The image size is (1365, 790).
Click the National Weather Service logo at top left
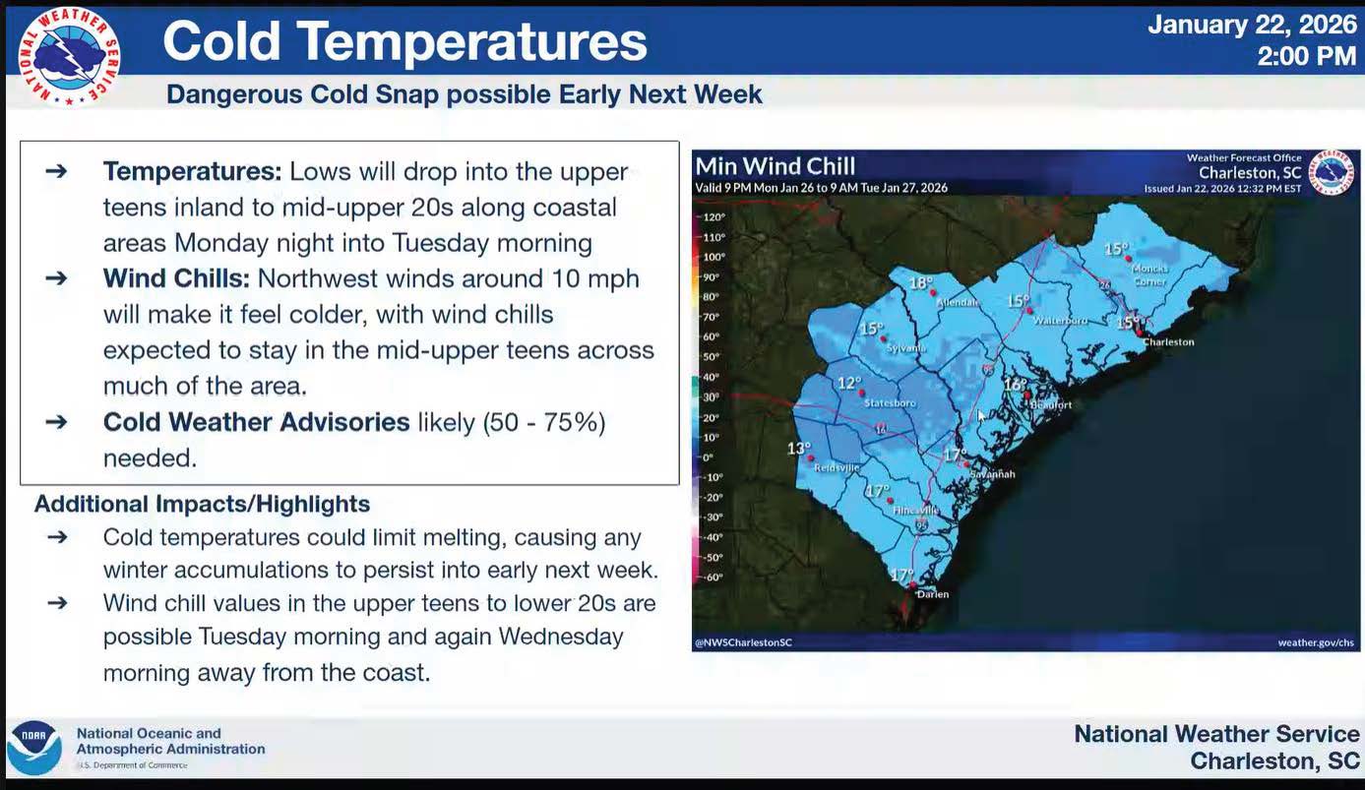pyautogui.click(x=69, y=55)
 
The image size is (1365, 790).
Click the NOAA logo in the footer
pyautogui.click(x=33, y=748)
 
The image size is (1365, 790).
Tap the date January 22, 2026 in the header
pyautogui.click(x=1252, y=25)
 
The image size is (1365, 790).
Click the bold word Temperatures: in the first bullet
pyautogui.click(x=192, y=171)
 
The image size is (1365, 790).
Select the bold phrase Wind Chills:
pyautogui.click(x=176, y=278)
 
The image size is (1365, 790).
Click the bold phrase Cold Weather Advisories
pyautogui.click(x=256, y=422)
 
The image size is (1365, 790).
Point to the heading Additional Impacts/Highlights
pyautogui.click(x=202, y=504)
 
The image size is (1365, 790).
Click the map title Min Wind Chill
pyautogui.click(x=776, y=166)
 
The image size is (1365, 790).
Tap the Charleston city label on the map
pyautogui.click(x=1169, y=342)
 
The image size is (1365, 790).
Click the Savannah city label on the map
pyautogui.click(x=992, y=474)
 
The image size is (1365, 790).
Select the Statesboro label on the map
pyautogui.click(x=890, y=403)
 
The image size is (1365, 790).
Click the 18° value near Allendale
pyautogui.click(x=920, y=283)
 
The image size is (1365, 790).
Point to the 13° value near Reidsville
pyautogui.click(x=798, y=449)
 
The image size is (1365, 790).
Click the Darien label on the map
pyautogui.click(x=932, y=594)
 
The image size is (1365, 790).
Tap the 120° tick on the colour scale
pyautogui.click(x=713, y=217)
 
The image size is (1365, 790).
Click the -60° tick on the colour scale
pyautogui.click(x=713, y=577)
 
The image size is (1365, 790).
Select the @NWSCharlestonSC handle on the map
pyautogui.click(x=744, y=642)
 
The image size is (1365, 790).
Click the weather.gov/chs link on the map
pyautogui.click(x=1315, y=642)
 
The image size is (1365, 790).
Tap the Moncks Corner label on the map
pyautogui.click(x=1149, y=274)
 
